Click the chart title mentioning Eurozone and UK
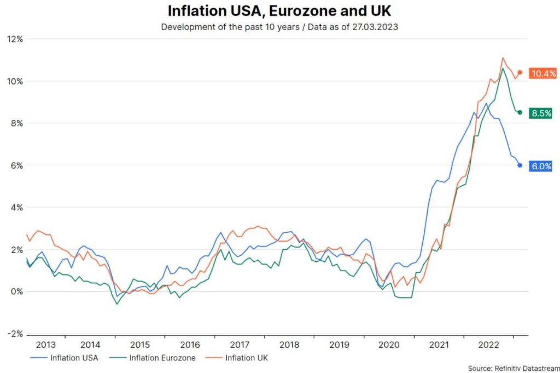coord(279,11)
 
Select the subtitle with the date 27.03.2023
coord(279,26)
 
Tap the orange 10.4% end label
coord(542,73)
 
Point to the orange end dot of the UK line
coord(520,72)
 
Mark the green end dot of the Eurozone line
coord(520,112)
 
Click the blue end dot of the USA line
coord(520,165)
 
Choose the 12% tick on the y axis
coord(14,39)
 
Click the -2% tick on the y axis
coord(14,334)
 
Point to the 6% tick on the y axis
coord(16,165)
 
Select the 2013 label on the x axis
coord(45,345)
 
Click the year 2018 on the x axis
coord(289,345)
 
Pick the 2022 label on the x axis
coord(488,345)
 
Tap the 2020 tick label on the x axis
coord(389,345)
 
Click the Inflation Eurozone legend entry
coord(163,358)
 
